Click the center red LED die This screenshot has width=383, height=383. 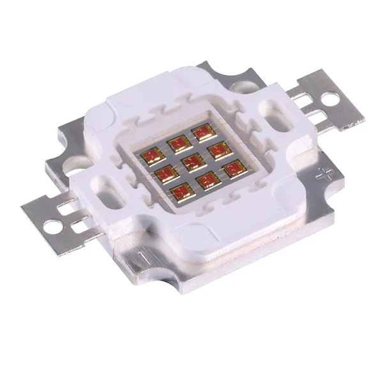tap(193, 162)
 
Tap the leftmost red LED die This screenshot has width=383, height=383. tap(153, 157)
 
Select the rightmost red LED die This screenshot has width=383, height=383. tap(234, 169)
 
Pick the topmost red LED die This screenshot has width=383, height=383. tap(203, 132)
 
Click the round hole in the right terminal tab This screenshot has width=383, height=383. tap(332, 99)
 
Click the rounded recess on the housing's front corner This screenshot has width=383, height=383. tap(191, 237)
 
